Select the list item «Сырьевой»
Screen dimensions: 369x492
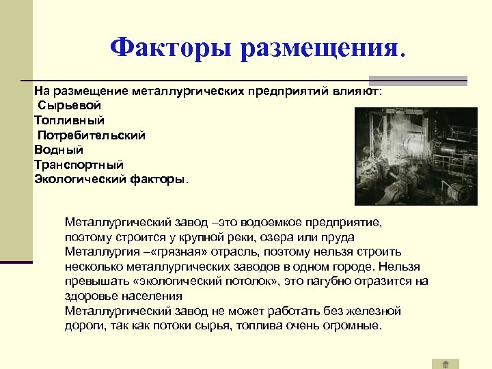[x=70, y=106]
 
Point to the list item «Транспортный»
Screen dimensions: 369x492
[x=79, y=165]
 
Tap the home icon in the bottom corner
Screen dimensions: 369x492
[x=445, y=364]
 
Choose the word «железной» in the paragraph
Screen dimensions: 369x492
[x=376, y=311]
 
